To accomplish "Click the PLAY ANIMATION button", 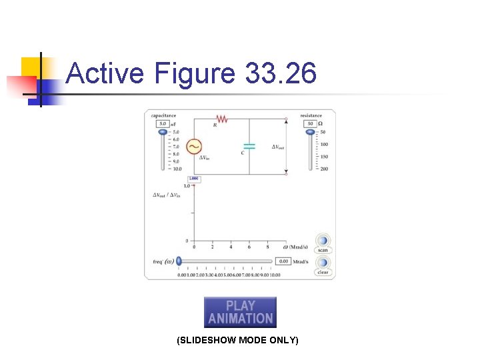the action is (x=240, y=312).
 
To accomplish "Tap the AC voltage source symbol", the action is (x=195, y=146).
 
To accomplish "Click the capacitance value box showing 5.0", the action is (x=162, y=124).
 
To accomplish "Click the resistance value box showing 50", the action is (x=310, y=124).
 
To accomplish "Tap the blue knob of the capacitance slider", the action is (x=162, y=132).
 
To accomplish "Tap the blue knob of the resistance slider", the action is (x=310, y=132).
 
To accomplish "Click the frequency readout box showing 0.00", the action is (x=283, y=261).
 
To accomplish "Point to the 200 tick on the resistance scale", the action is (x=324, y=169).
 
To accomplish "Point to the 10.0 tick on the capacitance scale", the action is (x=176, y=169).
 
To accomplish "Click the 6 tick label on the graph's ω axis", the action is (x=249, y=247).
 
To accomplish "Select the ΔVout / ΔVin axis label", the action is (x=167, y=195).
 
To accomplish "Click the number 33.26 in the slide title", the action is (x=281, y=73).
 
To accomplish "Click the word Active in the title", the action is (x=105, y=73).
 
